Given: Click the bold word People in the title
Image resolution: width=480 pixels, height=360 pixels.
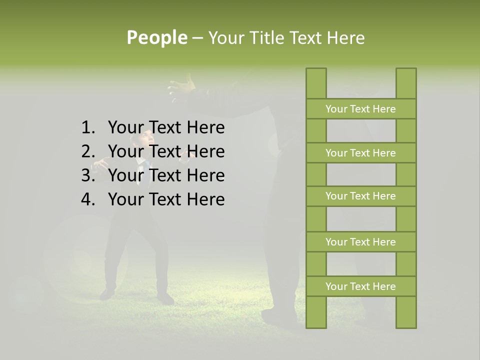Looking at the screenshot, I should pos(157,37).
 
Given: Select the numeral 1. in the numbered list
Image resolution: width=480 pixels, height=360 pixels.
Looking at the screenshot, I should pos(88,128).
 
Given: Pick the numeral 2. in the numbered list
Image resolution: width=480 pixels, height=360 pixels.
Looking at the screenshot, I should pos(88,151).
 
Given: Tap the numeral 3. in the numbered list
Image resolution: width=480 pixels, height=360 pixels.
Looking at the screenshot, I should pos(88,175).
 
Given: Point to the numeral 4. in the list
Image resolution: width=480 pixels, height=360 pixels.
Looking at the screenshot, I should pos(88,199).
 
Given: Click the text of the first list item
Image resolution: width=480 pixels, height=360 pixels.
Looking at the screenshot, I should pos(166,128).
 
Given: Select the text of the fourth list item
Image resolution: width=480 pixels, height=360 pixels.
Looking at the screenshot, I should pos(166,199).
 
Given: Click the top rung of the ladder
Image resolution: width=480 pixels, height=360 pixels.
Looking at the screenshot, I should pos(360,109).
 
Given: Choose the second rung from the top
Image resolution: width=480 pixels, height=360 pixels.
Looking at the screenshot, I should pos(360,153).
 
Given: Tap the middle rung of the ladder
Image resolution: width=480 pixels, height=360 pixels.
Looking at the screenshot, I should pos(360,196).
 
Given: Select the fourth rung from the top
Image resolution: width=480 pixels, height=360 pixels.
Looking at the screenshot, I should pos(360,242).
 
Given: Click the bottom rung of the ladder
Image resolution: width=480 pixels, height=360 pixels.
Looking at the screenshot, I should pos(360,286).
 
